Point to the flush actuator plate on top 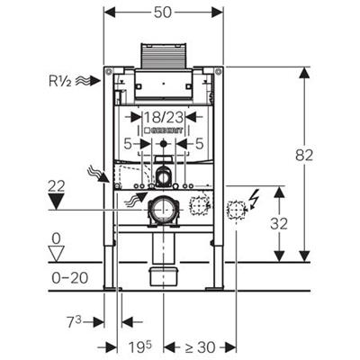(163, 56)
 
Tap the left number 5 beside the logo (129, 142)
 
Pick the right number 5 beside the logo (198, 142)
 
